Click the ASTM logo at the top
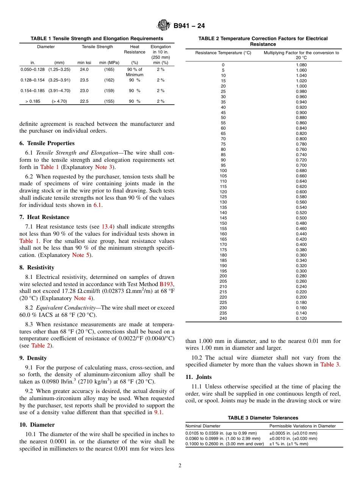click(x=164, y=26)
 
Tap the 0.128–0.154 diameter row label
click(x=32, y=80)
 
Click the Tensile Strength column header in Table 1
click(x=97, y=47)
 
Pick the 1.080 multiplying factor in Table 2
click(x=301, y=65)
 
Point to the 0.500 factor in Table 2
click(x=301, y=218)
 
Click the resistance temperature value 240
click(x=223, y=318)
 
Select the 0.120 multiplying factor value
click(x=301, y=318)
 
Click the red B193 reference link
click(x=166, y=284)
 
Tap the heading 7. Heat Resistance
click(x=44, y=217)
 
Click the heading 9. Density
click(x=33, y=358)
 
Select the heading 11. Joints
click(x=199, y=377)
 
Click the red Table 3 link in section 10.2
click(x=330, y=365)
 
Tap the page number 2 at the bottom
click(x=180, y=466)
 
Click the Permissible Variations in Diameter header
click(x=302, y=426)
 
